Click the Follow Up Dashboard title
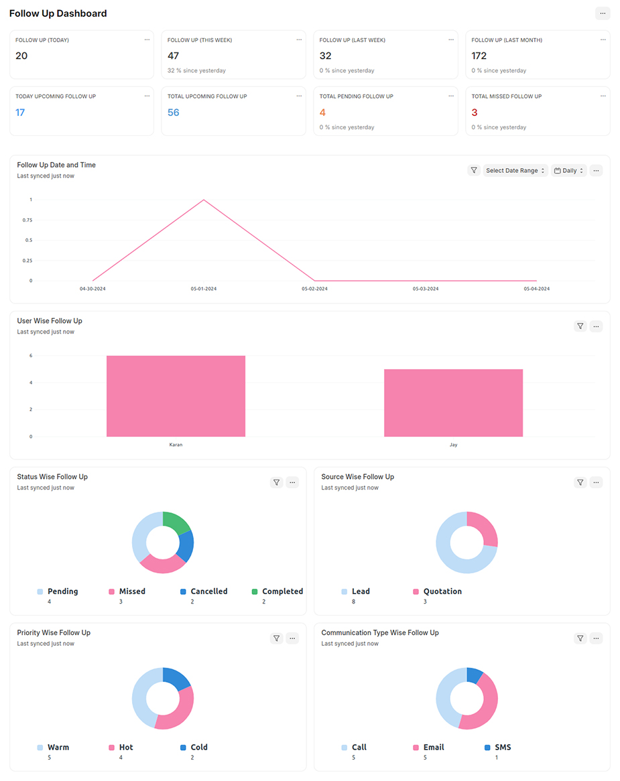coord(58,13)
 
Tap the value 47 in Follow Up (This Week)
coord(173,56)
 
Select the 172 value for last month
coord(479,56)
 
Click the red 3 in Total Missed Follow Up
coord(475,113)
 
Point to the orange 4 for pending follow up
coord(322,113)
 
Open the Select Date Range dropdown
coord(515,171)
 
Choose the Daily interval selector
coord(568,171)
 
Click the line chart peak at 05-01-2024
coord(204,200)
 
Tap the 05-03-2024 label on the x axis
coord(426,289)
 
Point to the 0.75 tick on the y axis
coord(27,220)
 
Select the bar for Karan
coord(176,396)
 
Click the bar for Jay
coord(453,403)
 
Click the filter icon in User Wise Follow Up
coord(580,326)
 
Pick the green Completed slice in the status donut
coord(177,520)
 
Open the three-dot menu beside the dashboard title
coord(602,13)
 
